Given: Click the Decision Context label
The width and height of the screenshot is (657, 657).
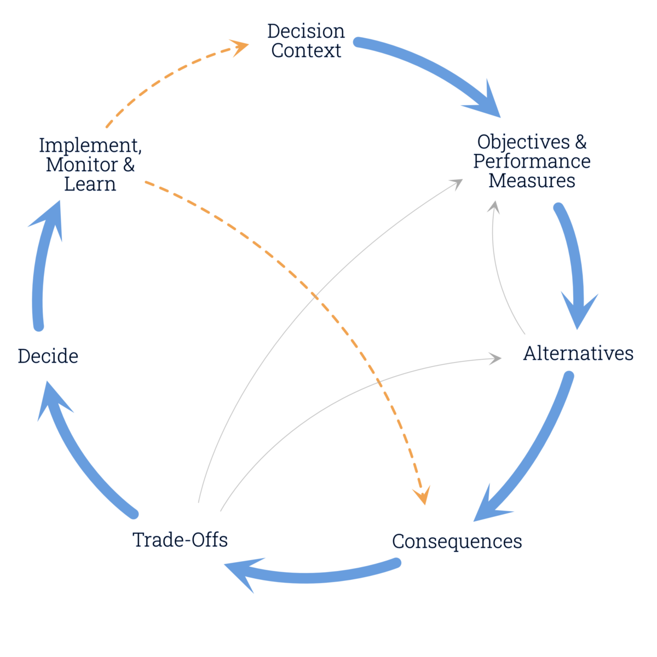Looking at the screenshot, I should point(306,41).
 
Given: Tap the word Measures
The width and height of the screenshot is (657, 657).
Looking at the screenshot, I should point(532,181).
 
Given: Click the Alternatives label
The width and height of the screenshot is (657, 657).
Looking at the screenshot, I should point(578,354).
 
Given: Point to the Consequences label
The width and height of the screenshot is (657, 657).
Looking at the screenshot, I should point(457,541).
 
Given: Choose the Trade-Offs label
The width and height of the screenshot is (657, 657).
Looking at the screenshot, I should point(180,540).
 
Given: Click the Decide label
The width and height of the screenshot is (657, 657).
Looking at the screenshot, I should point(48,356).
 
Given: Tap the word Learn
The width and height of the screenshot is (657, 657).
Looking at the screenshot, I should point(90,184).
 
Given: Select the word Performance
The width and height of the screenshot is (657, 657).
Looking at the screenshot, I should point(532,162).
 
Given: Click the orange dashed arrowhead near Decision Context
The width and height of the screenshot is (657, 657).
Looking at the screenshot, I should point(240,48).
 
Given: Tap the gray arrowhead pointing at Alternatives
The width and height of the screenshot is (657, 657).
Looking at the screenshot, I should point(495,359).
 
